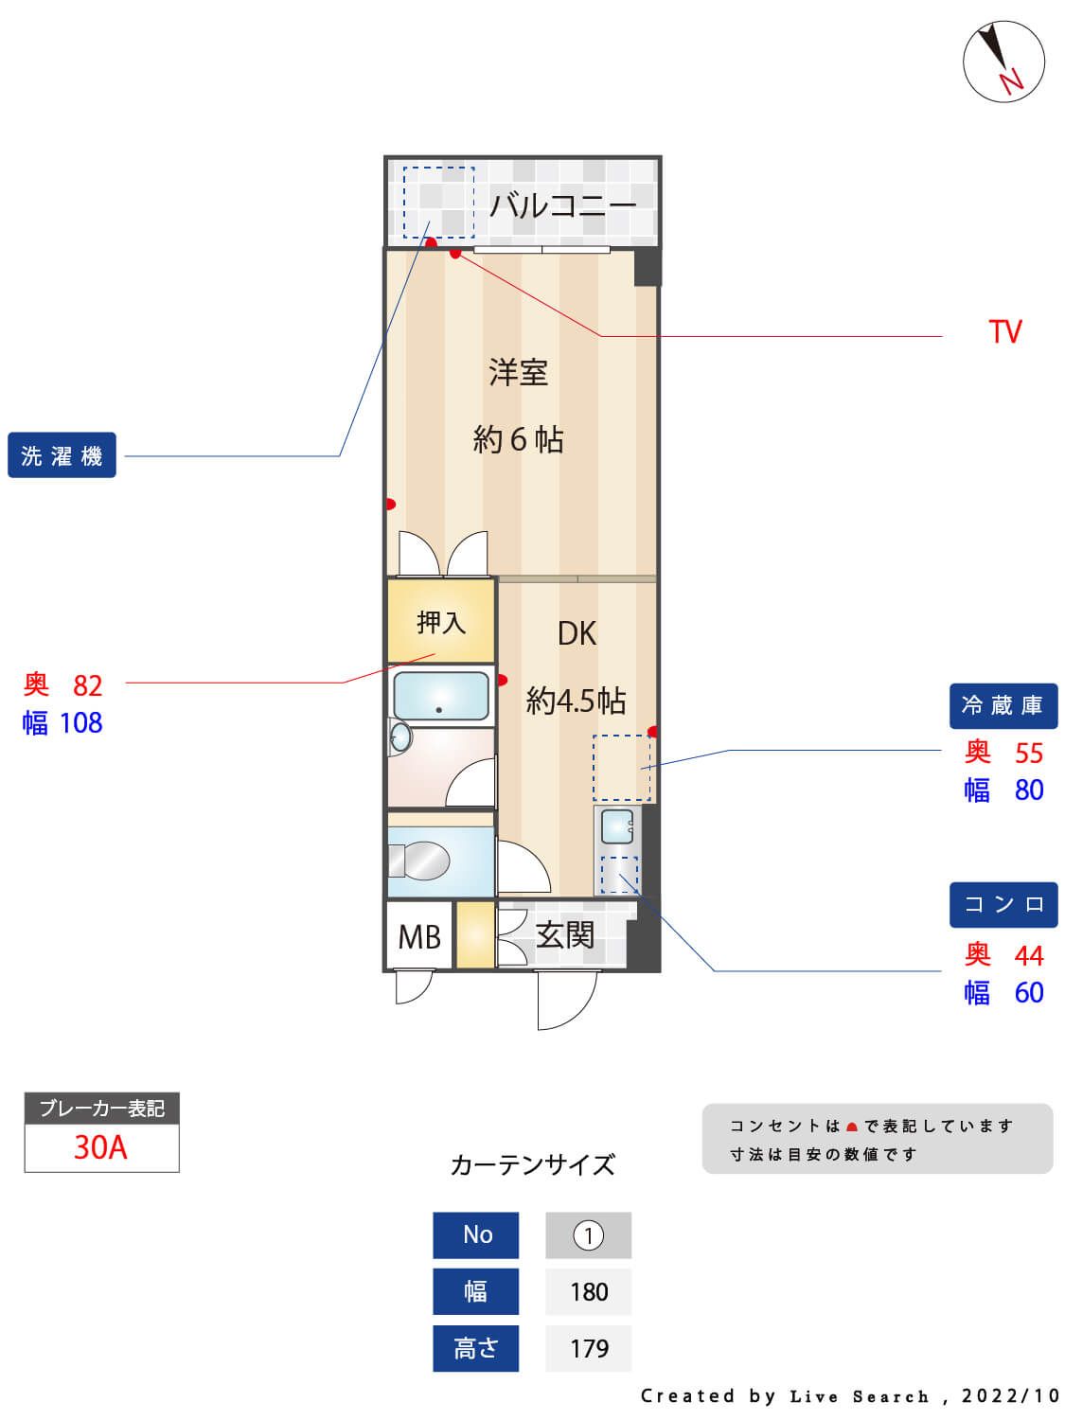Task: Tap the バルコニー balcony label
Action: tap(562, 204)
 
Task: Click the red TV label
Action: tap(1004, 332)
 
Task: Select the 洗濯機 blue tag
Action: tap(62, 455)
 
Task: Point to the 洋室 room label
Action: tap(518, 372)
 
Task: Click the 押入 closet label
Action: tap(441, 622)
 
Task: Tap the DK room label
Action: tap(577, 633)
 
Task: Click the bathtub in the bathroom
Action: tap(441, 697)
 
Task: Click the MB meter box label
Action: tap(419, 937)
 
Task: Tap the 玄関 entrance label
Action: tap(565, 935)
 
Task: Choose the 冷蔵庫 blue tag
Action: tap(1003, 705)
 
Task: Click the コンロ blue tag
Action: tap(1003, 904)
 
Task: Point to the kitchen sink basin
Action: tap(618, 826)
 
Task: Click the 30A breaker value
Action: tap(101, 1147)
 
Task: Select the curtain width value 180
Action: tap(589, 1291)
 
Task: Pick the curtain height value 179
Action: tap(589, 1348)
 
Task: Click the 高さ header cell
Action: tap(476, 1348)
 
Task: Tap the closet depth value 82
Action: tap(87, 684)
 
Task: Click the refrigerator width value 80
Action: tap(1028, 790)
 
